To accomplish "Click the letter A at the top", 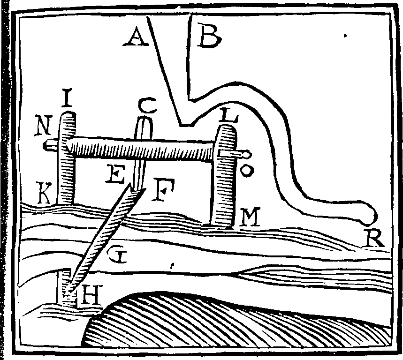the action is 136,37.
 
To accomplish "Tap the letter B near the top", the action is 210,36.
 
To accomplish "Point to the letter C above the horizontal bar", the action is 147,105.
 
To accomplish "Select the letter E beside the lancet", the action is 115,174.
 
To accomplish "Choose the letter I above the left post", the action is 67,97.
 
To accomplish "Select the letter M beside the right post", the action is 249,217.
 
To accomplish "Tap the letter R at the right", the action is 373,238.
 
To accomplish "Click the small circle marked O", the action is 247,170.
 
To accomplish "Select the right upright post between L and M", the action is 224,175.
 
